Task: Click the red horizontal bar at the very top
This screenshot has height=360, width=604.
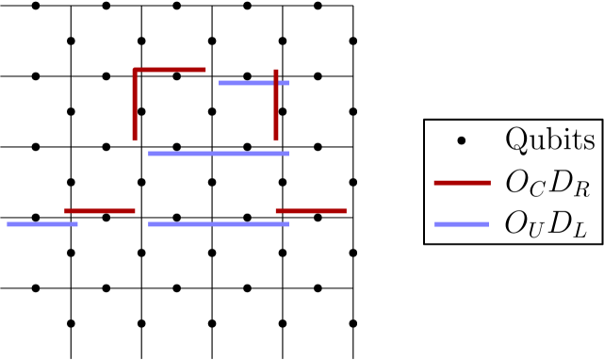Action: (170, 70)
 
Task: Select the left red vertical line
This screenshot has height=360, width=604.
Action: (135, 106)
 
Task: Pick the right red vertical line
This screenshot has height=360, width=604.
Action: (276, 106)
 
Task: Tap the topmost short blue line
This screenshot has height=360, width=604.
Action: (253, 83)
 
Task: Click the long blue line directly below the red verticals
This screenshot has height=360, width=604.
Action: (218, 154)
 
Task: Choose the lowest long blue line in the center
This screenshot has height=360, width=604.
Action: (218, 224)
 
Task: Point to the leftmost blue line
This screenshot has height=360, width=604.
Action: (41, 224)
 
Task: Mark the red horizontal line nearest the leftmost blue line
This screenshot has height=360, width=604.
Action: (100, 211)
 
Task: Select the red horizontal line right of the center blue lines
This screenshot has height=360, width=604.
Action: (311, 211)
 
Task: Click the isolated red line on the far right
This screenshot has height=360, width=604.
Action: (462, 183)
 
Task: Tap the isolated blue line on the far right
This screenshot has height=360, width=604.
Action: (462, 224)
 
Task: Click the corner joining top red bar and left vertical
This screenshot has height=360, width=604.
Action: (135, 70)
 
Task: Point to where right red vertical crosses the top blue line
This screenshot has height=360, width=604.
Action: (276, 83)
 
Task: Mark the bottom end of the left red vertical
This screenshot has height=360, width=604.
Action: (135, 140)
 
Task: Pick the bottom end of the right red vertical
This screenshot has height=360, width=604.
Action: (276, 140)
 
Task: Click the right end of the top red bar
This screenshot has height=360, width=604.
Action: (205, 70)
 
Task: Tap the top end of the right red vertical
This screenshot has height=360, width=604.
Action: (276, 70)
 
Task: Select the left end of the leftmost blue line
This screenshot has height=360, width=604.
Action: (8, 224)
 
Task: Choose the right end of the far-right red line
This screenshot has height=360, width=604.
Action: (490, 183)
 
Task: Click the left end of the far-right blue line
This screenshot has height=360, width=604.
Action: (435, 224)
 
